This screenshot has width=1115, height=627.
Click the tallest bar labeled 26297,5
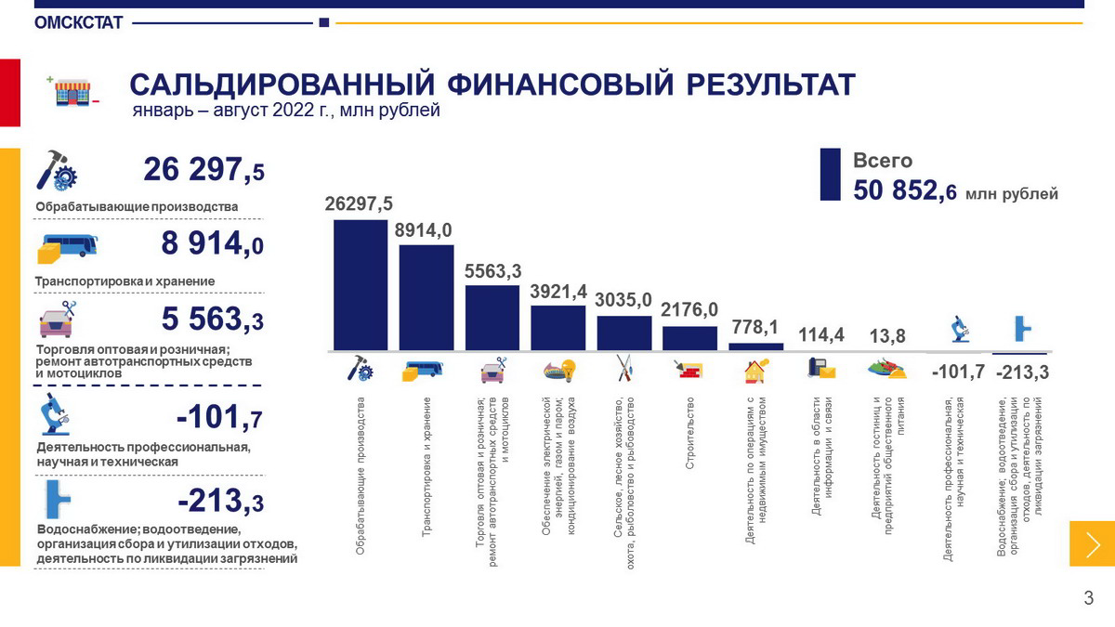(361, 285)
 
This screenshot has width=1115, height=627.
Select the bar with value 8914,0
(426, 298)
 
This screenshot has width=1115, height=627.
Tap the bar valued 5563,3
(492, 319)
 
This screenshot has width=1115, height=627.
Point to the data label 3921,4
(558, 292)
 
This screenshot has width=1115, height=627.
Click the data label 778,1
(755, 327)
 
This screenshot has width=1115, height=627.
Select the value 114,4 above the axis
(821, 335)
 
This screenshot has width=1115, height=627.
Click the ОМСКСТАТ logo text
(78, 23)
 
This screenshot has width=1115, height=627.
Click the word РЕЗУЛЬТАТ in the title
(770, 85)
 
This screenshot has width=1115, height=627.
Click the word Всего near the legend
(883, 161)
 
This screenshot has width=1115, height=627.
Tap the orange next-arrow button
(1092, 543)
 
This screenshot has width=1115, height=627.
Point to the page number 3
(1089, 599)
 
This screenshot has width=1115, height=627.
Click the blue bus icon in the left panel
(67, 247)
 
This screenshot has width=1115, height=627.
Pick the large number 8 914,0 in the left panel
(212, 244)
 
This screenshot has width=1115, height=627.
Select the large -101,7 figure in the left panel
(219, 420)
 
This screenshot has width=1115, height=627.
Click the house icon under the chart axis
(755, 371)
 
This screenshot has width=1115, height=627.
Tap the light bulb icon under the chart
(558, 371)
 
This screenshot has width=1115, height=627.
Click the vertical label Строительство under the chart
(690, 433)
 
